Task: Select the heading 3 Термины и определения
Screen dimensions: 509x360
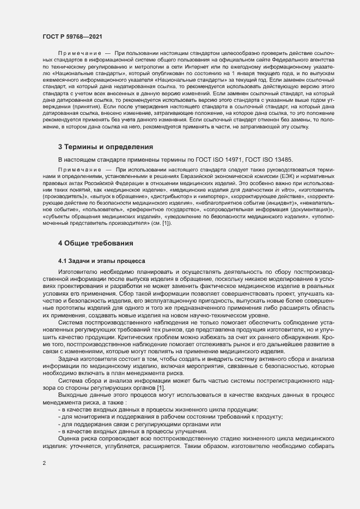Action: [105, 147]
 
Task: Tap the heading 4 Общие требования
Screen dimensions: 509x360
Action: [95, 242]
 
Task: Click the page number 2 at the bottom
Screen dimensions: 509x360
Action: [44, 463]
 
